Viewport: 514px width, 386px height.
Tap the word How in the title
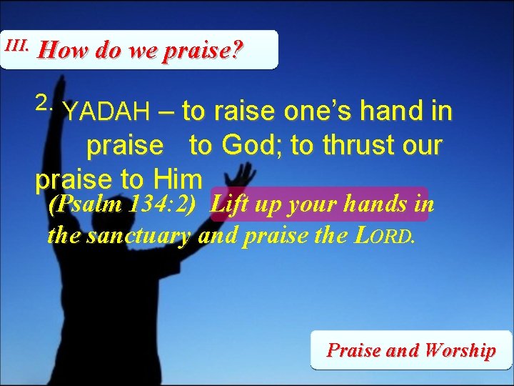point(56,51)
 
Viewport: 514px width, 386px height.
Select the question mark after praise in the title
point(237,51)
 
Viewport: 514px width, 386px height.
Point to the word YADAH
point(106,112)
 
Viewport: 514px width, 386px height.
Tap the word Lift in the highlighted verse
point(230,204)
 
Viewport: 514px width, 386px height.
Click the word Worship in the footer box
point(459,350)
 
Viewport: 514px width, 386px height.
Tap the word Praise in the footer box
point(353,350)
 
